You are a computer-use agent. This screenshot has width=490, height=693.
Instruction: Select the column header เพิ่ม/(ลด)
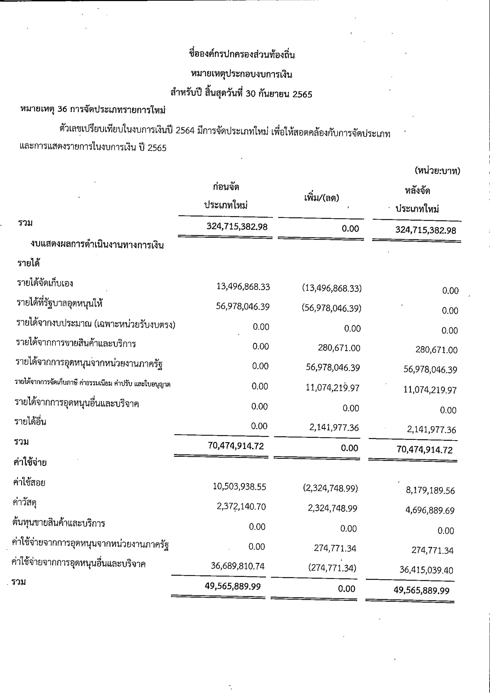click(322, 198)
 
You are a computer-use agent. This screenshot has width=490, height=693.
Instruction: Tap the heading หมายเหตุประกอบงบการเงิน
click(242, 74)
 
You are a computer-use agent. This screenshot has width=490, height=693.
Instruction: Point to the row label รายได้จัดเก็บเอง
click(45, 283)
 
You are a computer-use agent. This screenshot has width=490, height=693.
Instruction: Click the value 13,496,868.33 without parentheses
click(243, 287)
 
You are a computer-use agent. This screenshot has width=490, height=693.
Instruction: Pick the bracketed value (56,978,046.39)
click(332, 308)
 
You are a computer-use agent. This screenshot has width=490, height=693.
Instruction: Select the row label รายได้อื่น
click(30, 422)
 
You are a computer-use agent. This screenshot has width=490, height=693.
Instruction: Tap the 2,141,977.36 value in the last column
click(431, 430)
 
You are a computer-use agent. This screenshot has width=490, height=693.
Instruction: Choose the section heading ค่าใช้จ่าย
click(30, 463)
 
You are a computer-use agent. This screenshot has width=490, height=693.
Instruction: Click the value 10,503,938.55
click(239, 486)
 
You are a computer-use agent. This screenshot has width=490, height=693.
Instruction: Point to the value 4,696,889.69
click(430, 510)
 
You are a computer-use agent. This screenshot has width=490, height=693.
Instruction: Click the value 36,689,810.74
click(238, 566)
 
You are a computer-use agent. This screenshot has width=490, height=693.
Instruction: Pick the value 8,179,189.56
click(430, 490)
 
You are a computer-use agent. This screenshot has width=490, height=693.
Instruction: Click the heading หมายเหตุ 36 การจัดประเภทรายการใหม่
click(93, 110)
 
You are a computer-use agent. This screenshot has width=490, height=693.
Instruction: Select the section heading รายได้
click(29, 263)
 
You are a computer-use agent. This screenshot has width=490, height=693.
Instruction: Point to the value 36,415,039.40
click(426, 570)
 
